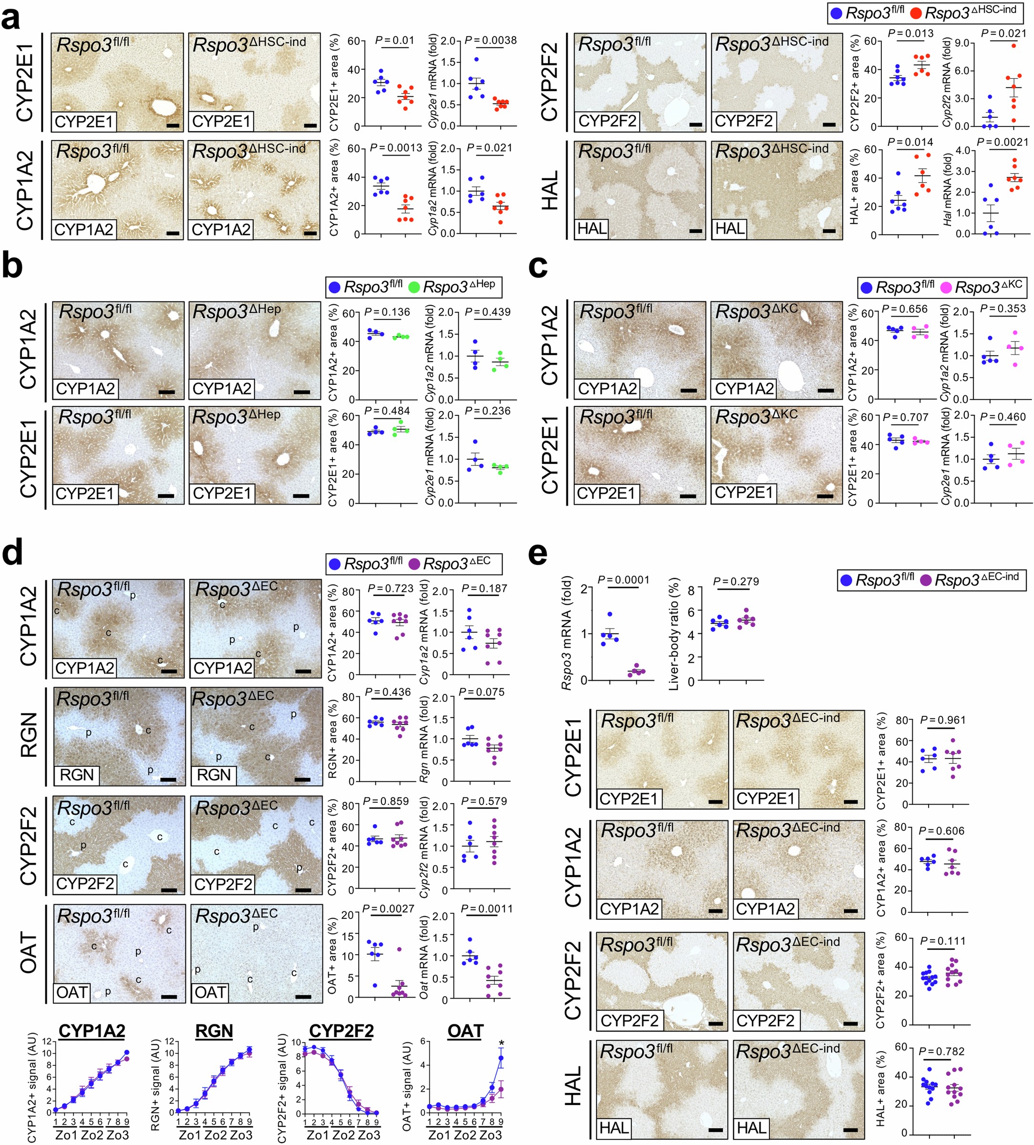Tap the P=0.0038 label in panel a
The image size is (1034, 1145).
pos(490,41)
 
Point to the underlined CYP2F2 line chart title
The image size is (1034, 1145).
pos(341,1031)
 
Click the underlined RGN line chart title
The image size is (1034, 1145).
pos(214,1031)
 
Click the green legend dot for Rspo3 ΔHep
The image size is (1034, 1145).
pos(414,288)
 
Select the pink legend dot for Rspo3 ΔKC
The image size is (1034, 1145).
pos(946,288)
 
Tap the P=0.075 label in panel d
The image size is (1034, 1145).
pos(482,692)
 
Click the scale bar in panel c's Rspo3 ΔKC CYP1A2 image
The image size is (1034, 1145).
pos(825,391)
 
